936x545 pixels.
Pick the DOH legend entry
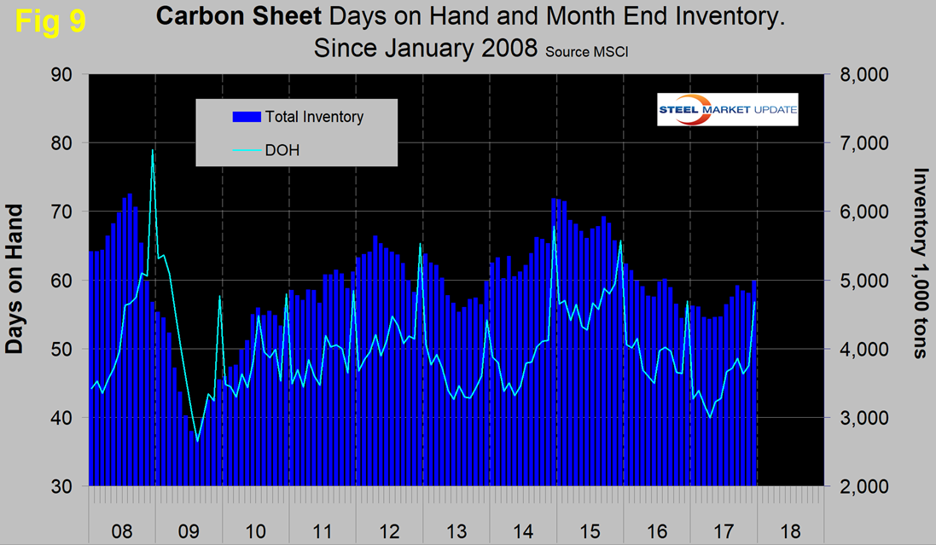(282, 150)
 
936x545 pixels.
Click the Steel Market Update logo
(727, 109)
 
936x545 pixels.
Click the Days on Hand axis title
(15, 281)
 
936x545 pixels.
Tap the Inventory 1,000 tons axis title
(921, 263)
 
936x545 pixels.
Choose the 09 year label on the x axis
(189, 531)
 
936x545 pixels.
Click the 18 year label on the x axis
(790, 531)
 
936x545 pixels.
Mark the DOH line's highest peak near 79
(153, 150)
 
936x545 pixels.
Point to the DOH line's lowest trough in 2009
(197, 441)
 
